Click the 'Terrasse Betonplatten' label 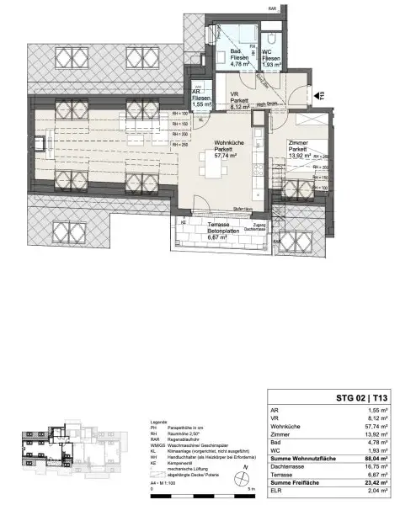[203, 229]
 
